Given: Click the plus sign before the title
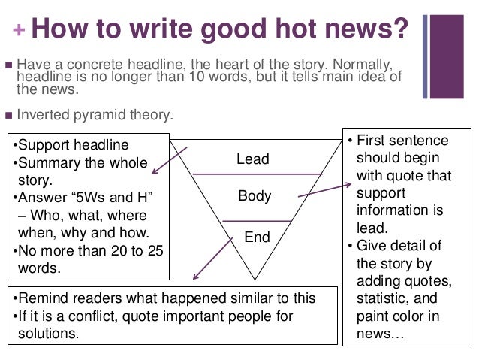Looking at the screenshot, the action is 18,31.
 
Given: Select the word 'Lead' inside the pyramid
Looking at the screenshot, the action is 252,159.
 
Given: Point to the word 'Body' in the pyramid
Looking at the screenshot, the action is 254,197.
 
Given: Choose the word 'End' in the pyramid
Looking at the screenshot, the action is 256,237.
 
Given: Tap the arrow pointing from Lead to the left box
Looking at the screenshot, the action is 169,159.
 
